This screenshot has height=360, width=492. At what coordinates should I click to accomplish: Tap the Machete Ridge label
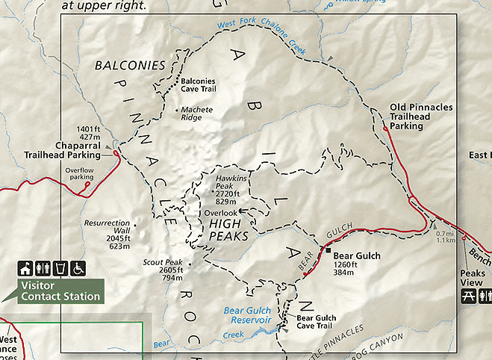point(197,114)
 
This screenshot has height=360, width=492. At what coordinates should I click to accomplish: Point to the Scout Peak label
point(163,270)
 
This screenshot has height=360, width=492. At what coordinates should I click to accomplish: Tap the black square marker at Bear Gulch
point(328,249)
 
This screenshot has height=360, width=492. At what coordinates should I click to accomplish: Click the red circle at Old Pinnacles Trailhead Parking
point(385,129)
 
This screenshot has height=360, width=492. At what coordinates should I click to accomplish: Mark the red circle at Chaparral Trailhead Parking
point(116,154)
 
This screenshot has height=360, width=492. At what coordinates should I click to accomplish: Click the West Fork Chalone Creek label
point(261,33)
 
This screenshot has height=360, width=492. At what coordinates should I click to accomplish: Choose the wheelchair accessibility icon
point(78,268)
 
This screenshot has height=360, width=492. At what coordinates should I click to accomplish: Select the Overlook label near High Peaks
point(220,213)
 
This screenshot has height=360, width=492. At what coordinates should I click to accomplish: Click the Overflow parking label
point(78,176)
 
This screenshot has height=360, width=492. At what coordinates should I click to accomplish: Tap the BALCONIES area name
point(130,66)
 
